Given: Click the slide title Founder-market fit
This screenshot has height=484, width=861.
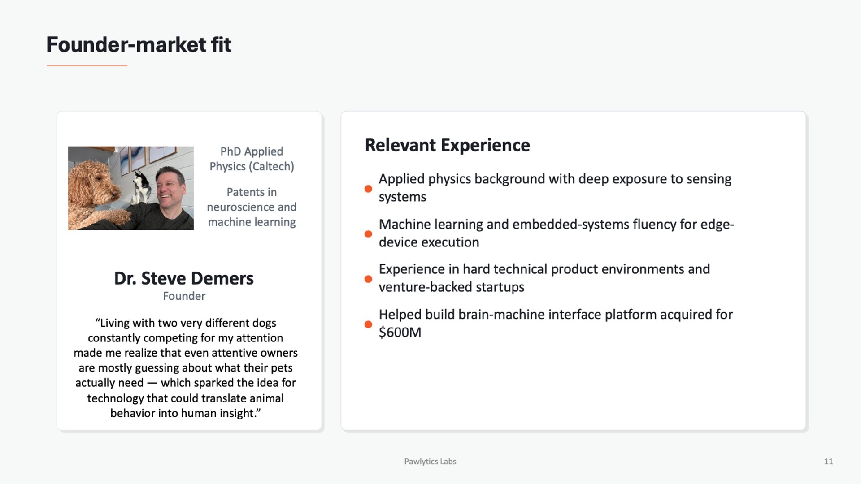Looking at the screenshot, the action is coord(139,45).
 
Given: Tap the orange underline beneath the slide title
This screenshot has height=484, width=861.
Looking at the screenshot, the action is coord(87,66).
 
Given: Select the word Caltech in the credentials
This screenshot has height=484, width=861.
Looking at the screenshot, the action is coord(273,166).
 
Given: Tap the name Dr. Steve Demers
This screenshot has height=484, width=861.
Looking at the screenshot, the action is coord(184,278).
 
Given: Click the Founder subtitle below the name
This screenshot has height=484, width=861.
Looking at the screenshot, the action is coord(184,296).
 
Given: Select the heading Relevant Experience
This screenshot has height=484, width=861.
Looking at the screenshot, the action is coord(447,145).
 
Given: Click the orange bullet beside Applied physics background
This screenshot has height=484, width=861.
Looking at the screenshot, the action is coord(368,189).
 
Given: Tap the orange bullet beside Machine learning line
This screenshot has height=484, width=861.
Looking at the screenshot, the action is coord(368,234).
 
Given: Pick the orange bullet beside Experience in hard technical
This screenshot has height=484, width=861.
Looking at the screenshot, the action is coord(368,279).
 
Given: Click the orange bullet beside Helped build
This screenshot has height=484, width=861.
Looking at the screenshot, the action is coord(368,324).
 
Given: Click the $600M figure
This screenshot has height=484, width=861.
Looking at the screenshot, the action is coord(400,333).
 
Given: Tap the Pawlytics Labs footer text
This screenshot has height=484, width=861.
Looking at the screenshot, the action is coord(430,462).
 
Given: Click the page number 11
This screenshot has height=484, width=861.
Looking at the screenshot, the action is coord(828,462).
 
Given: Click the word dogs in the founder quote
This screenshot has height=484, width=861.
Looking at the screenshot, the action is coord(264,324).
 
